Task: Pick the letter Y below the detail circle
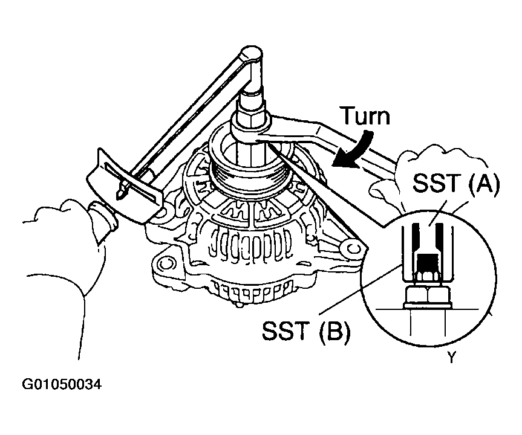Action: (x=451, y=358)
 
